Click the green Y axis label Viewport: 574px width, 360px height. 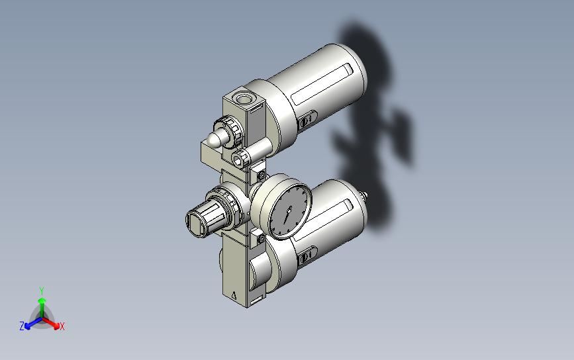pos(41,291)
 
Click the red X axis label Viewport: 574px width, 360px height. pos(62,326)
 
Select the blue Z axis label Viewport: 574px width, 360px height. pos(22,326)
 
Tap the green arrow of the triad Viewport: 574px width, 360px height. pos(41,304)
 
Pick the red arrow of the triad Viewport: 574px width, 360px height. pos(54,324)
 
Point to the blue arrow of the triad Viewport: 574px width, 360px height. pos(29,324)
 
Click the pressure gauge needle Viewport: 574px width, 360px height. pos(287,213)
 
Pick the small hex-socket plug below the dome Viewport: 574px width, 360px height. pos(240,159)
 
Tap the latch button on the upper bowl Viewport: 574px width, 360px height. pos(306,121)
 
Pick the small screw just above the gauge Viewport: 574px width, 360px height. pos(262,175)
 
